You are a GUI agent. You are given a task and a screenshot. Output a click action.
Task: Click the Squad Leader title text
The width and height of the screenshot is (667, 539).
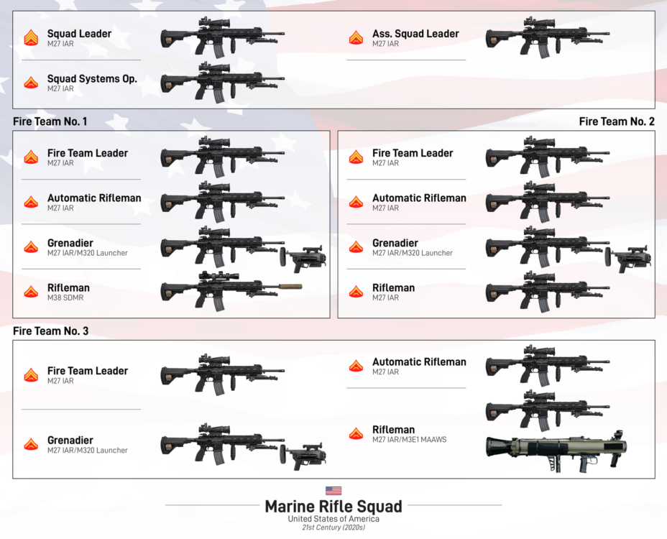click(x=79, y=34)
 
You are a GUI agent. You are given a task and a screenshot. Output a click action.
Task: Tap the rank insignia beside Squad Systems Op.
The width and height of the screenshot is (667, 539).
click(x=31, y=83)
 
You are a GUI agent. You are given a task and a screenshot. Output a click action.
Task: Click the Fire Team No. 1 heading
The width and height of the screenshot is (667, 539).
click(x=50, y=121)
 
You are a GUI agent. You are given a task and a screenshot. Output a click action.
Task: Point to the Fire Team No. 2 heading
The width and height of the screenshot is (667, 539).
click(x=617, y=121)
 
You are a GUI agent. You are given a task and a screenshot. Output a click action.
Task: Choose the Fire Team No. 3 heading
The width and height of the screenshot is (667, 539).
click(x=50, y=331)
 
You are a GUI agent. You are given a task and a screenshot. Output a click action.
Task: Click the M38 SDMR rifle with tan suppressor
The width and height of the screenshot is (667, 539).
click(x=230, y=287)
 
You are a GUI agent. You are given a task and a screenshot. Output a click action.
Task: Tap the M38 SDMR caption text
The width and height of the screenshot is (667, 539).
click(x=63, y=298)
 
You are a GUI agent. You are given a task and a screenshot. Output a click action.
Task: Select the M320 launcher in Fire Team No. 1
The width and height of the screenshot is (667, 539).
click(x=303, y=257)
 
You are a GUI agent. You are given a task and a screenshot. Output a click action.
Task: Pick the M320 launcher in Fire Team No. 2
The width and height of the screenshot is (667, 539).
click(x=629, y=257)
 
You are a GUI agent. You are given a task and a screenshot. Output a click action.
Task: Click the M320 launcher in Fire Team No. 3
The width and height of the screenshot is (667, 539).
click(x=303, y=455)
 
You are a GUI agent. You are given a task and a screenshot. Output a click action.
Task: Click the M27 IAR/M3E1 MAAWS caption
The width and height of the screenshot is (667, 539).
click(x=409, y=440)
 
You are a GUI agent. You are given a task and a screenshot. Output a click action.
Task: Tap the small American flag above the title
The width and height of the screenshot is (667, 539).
click(x=333, y=491)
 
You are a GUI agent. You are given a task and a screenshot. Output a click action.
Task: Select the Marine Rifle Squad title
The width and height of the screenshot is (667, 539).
click(x=333, y=506)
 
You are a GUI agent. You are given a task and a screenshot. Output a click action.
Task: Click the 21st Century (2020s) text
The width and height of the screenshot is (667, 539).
click(x=333, y=528)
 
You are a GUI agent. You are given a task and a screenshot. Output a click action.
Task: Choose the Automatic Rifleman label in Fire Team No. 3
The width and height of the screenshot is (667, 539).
click(x=419, y=361)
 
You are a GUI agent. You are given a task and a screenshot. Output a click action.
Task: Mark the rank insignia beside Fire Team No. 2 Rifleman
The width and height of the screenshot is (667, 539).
click(x=356, y=292)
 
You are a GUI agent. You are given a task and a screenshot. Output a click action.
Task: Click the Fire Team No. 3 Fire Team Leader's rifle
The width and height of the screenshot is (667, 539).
click(x=222, y=374)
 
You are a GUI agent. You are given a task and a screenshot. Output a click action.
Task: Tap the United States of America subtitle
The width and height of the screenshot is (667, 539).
click(x=333, y=519)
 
